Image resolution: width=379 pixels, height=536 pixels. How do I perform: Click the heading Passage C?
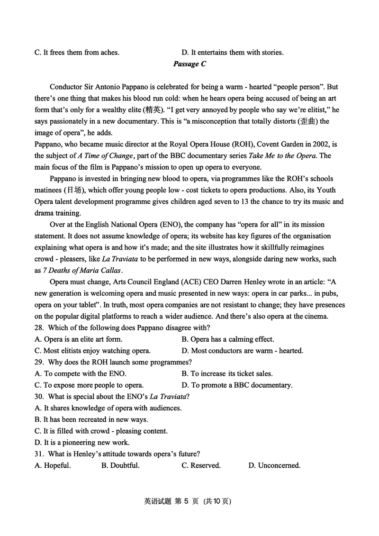click(189, 64)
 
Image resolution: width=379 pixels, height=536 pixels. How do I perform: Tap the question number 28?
click(39, 327)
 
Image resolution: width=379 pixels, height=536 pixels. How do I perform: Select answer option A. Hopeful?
click(53, 465)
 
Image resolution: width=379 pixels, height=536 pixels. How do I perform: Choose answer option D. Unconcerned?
click(274, 465)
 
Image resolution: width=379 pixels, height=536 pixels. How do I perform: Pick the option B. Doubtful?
click(120, 465)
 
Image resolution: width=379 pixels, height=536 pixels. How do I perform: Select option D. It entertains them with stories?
click(233, 53)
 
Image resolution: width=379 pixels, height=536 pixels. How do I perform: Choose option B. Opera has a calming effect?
click(227, 339)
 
